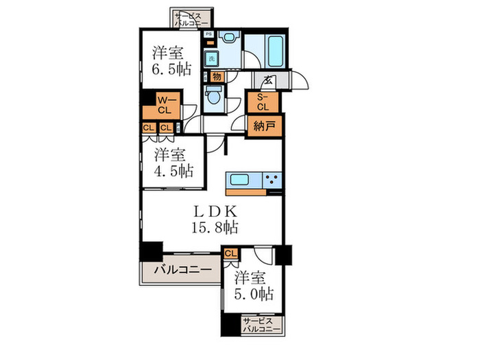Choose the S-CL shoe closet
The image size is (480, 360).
pos(263,102)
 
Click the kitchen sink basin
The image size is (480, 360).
pos(242,180)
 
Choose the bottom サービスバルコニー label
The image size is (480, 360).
pos(261,325)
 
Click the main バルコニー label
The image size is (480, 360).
pos(181,270)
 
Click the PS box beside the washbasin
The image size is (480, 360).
pos(208,34)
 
